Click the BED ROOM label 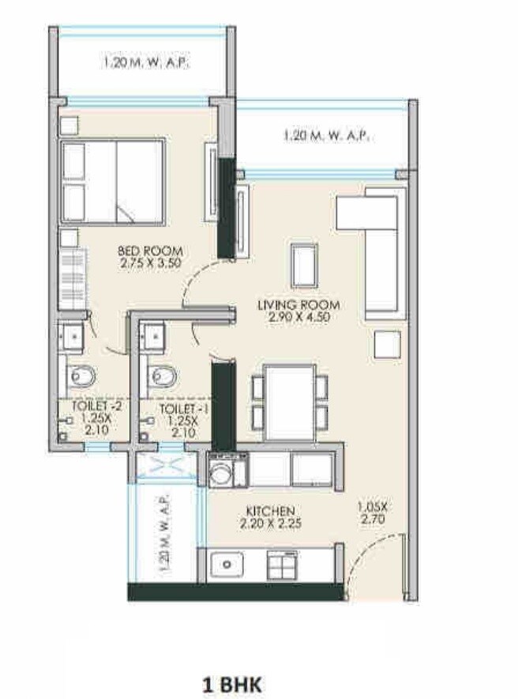click(x=146, y=252)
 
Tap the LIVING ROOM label click(x=298, y=304)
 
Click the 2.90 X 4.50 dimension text click(x=298, y=317)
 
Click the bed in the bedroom click(x=112, y=181)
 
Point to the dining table click(x=289, y=402)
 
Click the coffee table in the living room click(x=304, y=265)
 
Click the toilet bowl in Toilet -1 click(x=165, y=374)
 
